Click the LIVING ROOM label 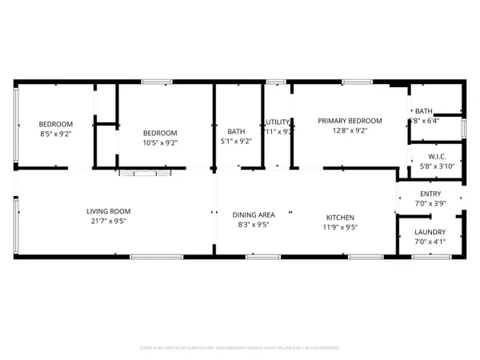[108, 211]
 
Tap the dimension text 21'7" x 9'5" [108, 221]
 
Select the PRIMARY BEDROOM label [350, 121]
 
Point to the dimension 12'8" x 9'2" [350, 131]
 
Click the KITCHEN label [340, 218]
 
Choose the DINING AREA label [254, 215]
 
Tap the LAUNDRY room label [430, 233]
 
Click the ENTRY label [430, 194]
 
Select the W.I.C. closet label [437, 156]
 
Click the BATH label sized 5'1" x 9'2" [236, 132]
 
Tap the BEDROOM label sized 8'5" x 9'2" [56, 124]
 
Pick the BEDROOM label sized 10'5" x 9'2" [160, 133]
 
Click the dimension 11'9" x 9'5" [340, 227]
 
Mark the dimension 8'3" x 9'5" [254, 225]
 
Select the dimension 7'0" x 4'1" [430, 242]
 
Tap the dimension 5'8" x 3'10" [437, 166]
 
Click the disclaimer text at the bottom [240, 348]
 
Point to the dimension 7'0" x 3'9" [430, 204]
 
